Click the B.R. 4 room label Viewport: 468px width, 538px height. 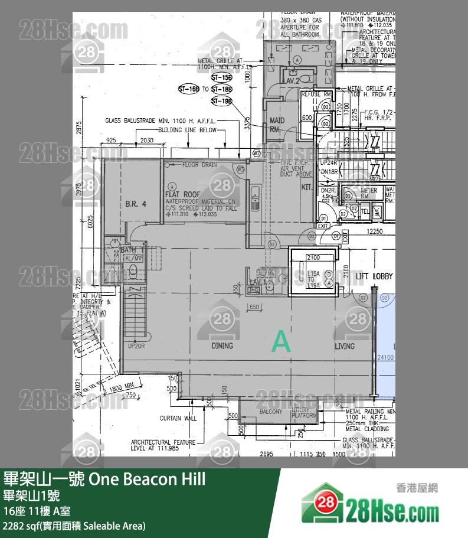135,204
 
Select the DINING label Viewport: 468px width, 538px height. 222,345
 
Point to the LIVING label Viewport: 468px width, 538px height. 345,346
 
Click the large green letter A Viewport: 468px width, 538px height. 281,343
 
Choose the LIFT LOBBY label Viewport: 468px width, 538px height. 375,276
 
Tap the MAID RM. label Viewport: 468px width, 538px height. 277,125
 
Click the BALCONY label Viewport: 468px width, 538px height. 270,412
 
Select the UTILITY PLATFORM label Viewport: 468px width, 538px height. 305,413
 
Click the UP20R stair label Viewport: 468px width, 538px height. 136,345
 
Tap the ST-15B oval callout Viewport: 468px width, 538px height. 221,77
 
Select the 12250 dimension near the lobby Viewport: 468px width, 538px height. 374,231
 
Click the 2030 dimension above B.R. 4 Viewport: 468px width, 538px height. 147,140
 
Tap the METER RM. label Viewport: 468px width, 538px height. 369,194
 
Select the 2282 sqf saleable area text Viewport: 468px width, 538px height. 74,526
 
